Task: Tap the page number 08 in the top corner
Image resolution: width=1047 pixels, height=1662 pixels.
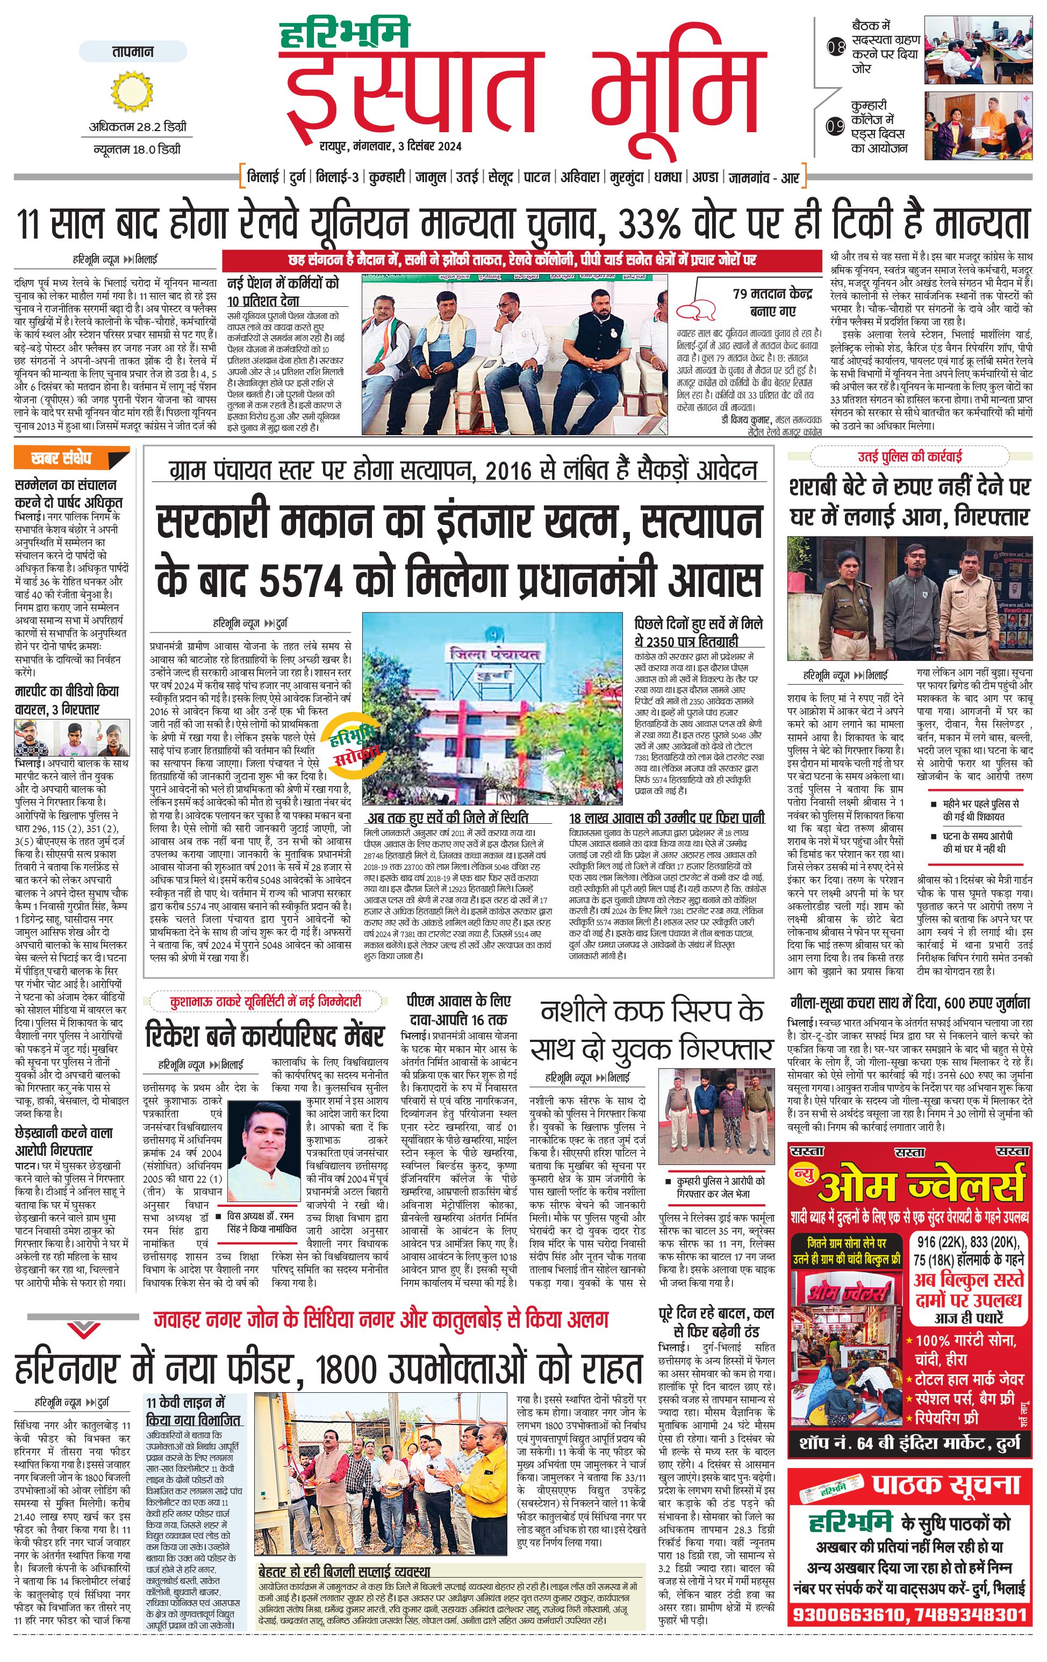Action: [836, 48]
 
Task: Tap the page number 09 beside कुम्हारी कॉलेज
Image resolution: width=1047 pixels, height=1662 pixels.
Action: [836, 127]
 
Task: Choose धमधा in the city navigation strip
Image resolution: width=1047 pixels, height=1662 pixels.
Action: [668, 177]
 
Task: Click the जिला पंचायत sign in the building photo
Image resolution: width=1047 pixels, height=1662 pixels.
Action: [494, 653]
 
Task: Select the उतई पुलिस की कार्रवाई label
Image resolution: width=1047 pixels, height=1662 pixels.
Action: [909, 456]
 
